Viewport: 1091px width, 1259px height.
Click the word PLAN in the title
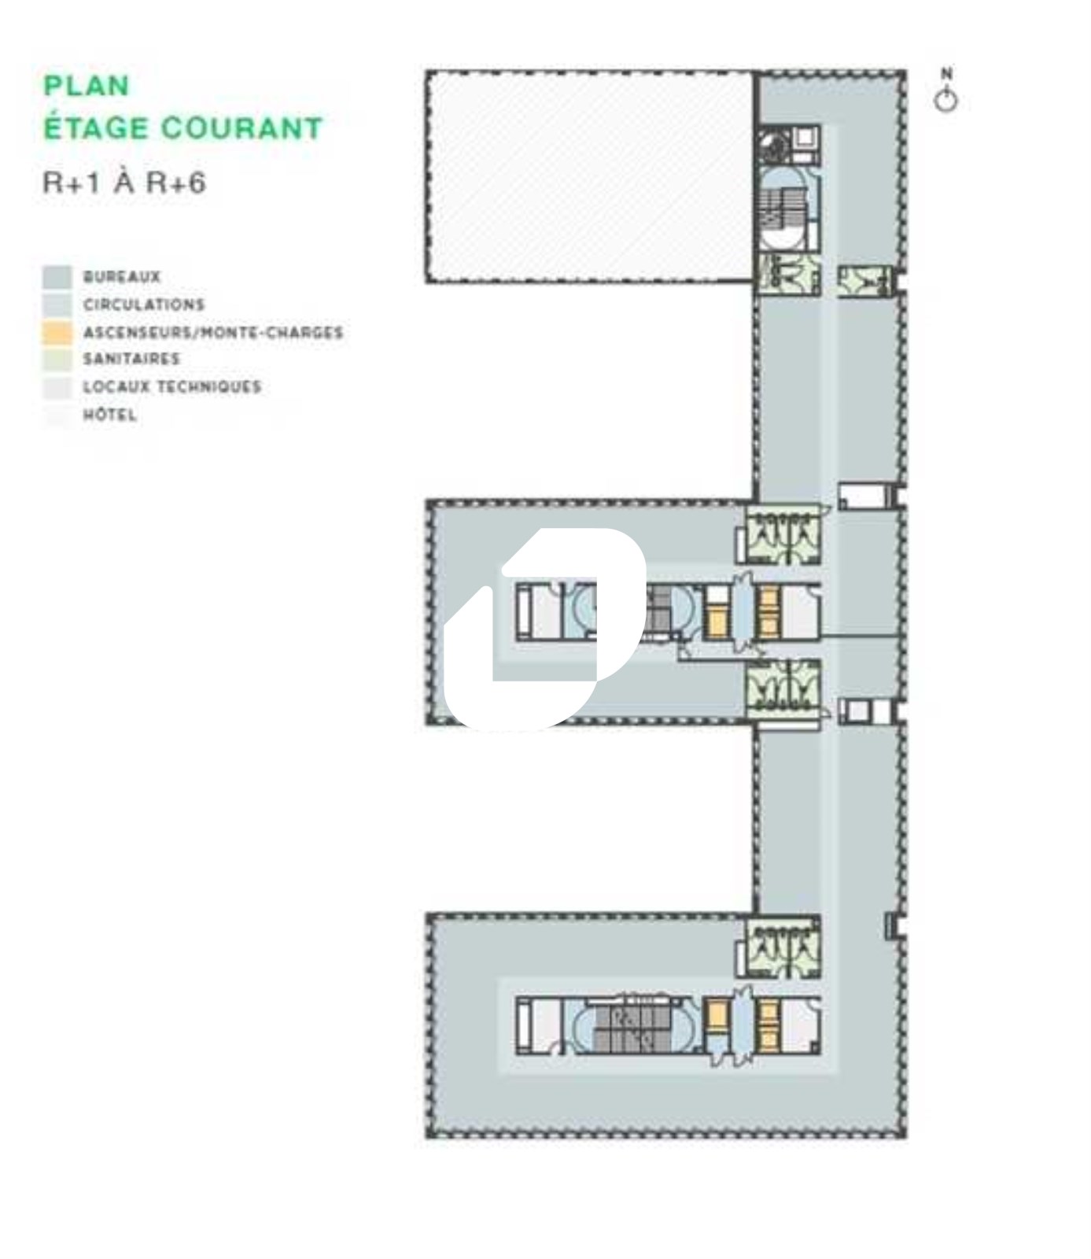[x=86, y=86]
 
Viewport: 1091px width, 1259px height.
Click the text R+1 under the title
[x=72, y=183]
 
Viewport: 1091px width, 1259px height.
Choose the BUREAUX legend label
[x=122, y=277]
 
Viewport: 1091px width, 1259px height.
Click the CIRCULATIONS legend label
[x=144, y=305]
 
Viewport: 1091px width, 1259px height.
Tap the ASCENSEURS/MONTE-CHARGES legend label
[x=213, y=332]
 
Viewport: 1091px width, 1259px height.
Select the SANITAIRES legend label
[x=131, y=359]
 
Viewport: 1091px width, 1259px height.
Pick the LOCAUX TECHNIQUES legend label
[x=172, y=386]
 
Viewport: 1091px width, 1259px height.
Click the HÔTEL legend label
[x=110, y=414]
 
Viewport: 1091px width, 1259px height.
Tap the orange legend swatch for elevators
[x=57, y=332]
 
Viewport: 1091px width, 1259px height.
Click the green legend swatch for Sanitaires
[x=57, y=360]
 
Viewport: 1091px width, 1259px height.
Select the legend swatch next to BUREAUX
[x=57, y=277]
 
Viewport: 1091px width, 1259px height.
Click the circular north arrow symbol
[x=946, y=101]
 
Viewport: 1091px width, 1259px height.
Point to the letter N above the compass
[x=947, y=74]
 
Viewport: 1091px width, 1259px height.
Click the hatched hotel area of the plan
[x=590, y=176]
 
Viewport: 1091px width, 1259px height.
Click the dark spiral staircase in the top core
[x=773, y=146]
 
